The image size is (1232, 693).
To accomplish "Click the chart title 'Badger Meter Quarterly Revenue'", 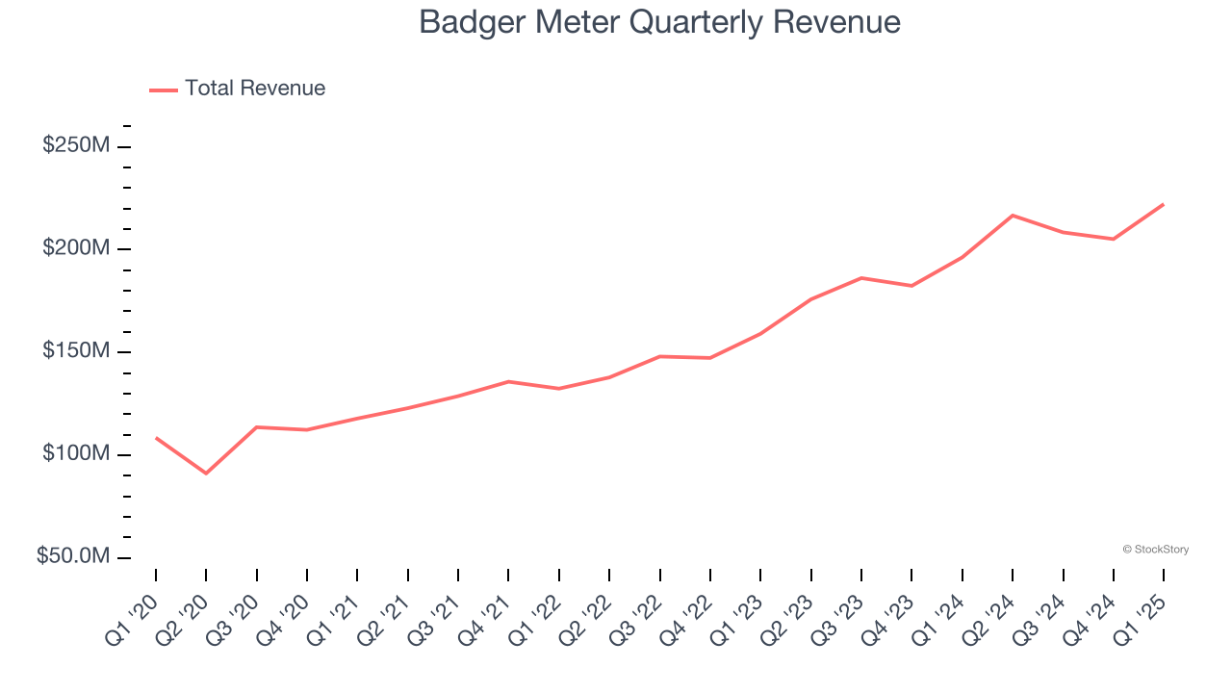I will click(x=659, y=22).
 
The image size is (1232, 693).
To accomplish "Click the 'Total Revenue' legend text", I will click(x=255, y=89).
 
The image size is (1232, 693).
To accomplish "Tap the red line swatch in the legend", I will click(x=164, y=90).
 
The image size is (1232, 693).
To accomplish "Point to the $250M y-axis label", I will click(x=75, y=145).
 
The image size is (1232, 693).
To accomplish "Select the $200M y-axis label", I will click(x=75, y=248).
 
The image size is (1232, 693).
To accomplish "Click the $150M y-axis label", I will click(x=75, y=351).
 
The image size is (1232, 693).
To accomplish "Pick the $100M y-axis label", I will click(x=75, y=453).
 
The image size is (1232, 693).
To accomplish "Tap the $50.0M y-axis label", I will click(x=73, y=556).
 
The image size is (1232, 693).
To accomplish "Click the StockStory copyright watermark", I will click(x=1155, y=550).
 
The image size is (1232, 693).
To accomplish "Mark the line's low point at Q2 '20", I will click(x=206, y=473).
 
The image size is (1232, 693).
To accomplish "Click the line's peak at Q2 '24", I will click(x=1013, y=215).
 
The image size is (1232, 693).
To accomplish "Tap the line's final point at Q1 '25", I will click(x=1163, y=204).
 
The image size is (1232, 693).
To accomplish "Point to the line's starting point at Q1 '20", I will click(x=156, y=438).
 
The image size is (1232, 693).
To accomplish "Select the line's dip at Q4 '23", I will click(x=911, y=286).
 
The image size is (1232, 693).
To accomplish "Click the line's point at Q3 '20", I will click(x=257, y=426).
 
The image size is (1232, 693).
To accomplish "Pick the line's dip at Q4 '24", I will click(x=1114, y=239).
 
